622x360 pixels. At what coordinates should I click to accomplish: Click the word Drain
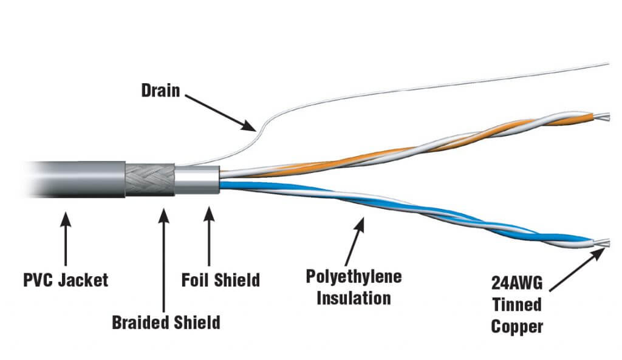[161, 91]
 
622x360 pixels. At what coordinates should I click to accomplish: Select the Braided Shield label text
[166, 322]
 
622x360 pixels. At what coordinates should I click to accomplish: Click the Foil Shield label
[220, 280]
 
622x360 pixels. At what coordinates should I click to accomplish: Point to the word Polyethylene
[355, 277]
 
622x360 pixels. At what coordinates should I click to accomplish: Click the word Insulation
[355, 298]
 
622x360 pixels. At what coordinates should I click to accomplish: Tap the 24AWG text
[516, 284]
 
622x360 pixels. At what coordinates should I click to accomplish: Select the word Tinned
[516, 305]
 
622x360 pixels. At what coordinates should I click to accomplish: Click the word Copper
[516, 327]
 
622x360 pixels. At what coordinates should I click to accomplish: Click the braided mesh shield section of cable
[150, 180]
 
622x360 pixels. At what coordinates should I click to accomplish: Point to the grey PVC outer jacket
[79, 178]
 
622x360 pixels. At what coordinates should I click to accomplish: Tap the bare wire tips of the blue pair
[603, 243]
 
